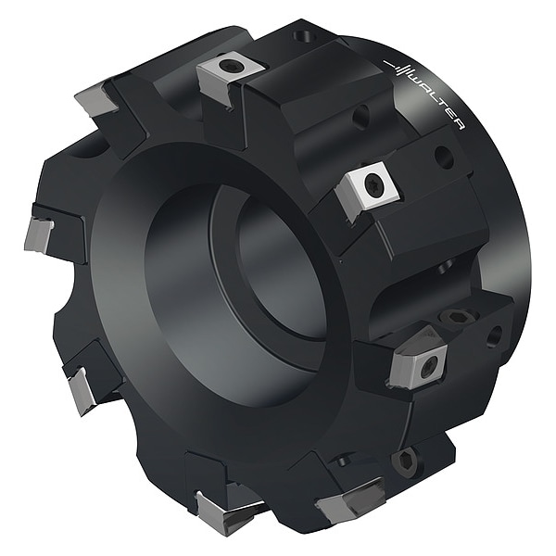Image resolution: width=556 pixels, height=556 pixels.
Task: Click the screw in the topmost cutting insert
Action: tap(228, 65)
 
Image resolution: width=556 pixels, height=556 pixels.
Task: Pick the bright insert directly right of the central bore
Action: tap(368, 191)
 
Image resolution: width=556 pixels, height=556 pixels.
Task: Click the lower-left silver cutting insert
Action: tap(82, 390)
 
